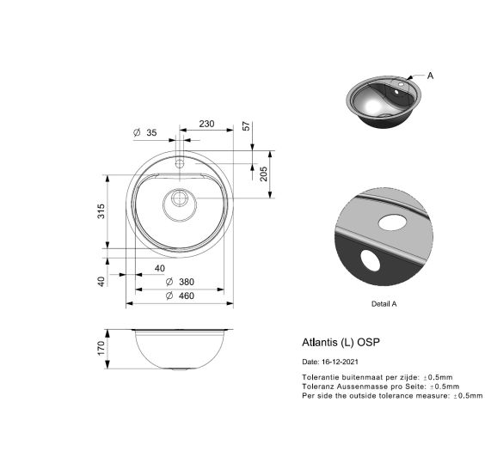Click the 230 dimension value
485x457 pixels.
coord(206,124)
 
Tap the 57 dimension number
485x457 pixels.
coord(246,126)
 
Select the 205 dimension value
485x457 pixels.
coord(263,174)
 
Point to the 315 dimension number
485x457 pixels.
coord(101,211)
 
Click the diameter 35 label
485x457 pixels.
coord(145,132)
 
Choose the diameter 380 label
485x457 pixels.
coord(180,282)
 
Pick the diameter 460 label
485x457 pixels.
coord(180,296)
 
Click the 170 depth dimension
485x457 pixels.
coord(101,348)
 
